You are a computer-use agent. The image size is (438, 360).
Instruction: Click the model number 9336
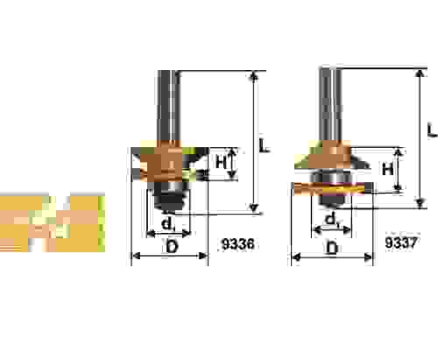click(x=238, y=244)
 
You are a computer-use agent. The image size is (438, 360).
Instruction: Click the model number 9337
click(x=400, y=242)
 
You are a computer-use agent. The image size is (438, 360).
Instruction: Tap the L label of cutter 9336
click(x=265, y=145)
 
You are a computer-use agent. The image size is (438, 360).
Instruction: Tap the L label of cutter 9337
click(x=432, y=130)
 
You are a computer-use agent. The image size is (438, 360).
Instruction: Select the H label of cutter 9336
click(x=221, y=161)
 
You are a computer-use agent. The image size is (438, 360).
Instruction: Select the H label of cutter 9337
click(x=387, y=169)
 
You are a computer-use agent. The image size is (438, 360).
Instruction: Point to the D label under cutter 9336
click(x=172, y=247)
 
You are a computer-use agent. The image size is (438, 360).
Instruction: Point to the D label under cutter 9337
click(x=332, y=249)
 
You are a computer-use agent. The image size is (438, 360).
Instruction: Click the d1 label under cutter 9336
click(x=168, y=224)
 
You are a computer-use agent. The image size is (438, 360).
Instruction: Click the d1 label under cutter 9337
click(x=332, y=220)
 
